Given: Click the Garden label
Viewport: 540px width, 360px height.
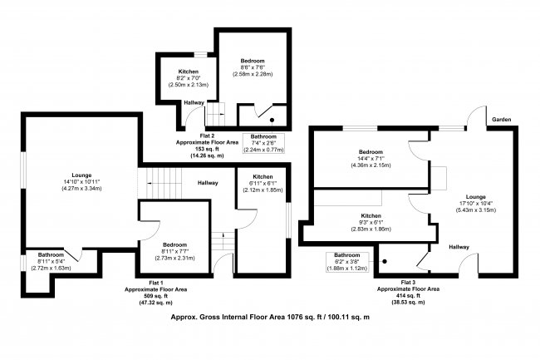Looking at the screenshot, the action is click(502, 120).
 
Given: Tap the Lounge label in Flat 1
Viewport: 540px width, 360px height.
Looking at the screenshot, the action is click(81, 175).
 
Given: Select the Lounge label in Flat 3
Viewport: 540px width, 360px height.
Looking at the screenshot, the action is click(475, 197).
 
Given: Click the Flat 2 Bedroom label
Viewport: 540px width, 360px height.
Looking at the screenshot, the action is click(253, 61).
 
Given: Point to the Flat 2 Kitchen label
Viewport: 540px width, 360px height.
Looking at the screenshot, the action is click(189, 72).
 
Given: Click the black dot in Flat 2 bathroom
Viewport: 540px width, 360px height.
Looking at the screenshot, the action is click(272, 120).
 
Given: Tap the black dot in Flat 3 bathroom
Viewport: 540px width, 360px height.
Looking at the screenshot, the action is click(385, 261).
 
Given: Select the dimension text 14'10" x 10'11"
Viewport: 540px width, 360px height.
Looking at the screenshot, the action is click(81, 181).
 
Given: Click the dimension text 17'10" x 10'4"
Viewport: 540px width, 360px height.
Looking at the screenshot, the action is click(475, 203).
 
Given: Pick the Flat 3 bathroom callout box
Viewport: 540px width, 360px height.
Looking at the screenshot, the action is click(347, 262).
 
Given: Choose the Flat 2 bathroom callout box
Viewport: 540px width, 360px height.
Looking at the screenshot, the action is click(264, 143).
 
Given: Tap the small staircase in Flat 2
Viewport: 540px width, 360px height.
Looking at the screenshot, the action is click(215, 115).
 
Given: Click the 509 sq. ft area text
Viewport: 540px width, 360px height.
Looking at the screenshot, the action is click(155, 296).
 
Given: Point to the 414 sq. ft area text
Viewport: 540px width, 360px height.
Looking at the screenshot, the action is click(408, 296).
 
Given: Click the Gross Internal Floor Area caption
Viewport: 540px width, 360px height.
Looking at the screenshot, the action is click(270, 317).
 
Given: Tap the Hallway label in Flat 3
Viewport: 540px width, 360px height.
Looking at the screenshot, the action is click(459, 247).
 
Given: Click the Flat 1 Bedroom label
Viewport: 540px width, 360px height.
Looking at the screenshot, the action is click(175, 244).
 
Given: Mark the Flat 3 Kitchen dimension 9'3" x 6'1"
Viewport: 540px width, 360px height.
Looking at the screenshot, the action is click(371, 222).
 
